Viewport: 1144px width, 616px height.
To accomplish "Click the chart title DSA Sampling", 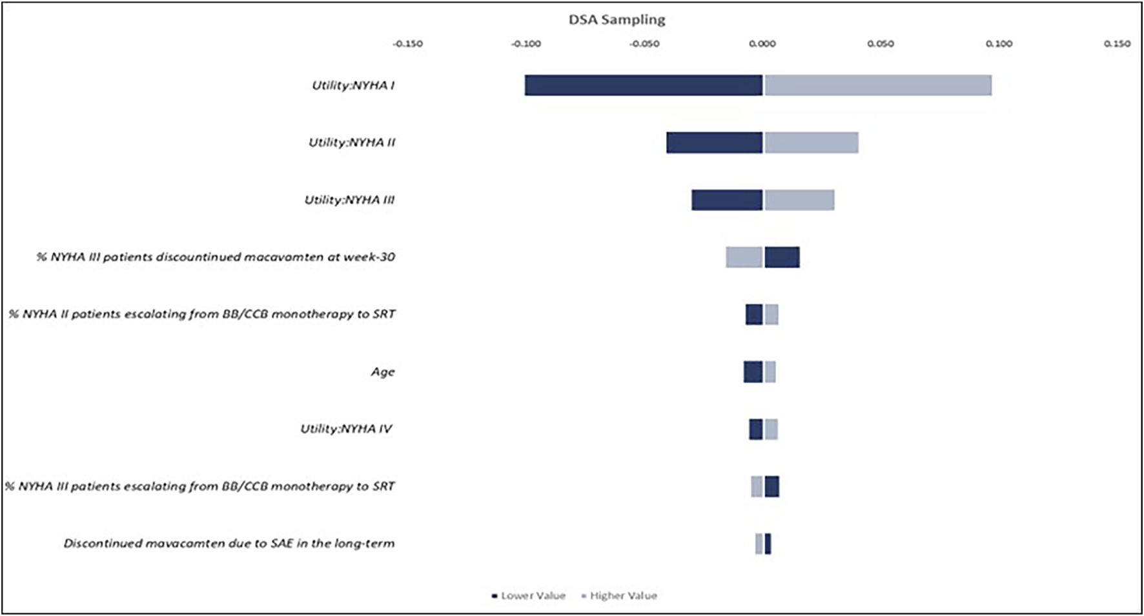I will (x=617, y=19).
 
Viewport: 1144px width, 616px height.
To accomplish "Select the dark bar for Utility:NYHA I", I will (x=644, y=85).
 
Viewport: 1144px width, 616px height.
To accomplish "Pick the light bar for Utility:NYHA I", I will (x=878, y=85).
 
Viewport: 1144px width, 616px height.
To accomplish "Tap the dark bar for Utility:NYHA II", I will (x=715, y=143).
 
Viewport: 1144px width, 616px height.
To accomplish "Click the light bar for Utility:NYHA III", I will (x=799, y=200).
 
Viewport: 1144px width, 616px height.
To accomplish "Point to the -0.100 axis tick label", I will (x=526, y=44).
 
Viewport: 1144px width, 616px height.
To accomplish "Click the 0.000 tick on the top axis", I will (x=762, y=44).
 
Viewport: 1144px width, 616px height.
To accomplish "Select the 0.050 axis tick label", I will (x=881, y=44).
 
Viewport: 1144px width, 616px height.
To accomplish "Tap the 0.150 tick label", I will (x=1117, y=44).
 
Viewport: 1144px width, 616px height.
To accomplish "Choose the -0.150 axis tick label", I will (x=408, y=44).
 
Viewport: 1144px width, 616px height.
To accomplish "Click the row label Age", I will (x=382, y=372).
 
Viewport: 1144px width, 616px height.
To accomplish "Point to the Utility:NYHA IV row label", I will (x=346, y=429).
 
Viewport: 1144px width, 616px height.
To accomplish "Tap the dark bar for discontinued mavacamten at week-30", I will (x=782, y=257).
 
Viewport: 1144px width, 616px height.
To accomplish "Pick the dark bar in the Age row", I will (x=753, y=372).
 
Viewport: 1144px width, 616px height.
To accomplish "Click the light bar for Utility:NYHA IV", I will (x=771, y=429).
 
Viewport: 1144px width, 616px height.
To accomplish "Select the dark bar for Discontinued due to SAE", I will (x=768, y=544).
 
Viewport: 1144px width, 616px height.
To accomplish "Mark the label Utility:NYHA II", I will (x=352, y=143).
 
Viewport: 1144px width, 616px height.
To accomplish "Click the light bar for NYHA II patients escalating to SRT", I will (x=771, y=315).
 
